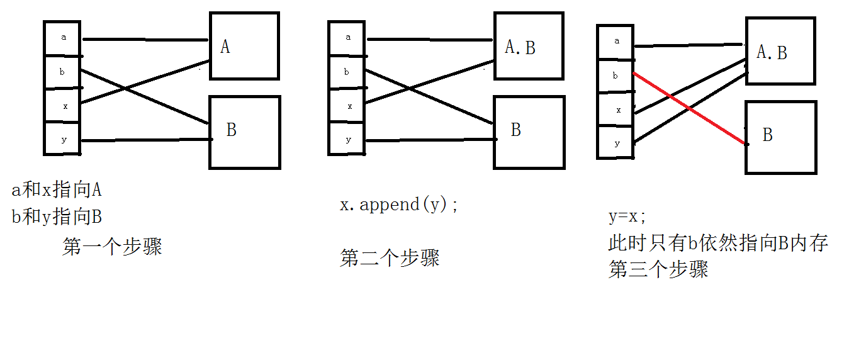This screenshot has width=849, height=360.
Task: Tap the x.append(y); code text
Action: point(399,205)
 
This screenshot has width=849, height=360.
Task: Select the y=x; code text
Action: point(627,217)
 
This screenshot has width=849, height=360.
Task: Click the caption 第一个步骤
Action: point(112,246)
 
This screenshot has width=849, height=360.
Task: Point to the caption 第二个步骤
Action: point(390,258)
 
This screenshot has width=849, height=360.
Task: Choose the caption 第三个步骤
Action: point(658,269)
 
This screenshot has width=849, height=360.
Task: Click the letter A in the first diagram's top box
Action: point(225,47)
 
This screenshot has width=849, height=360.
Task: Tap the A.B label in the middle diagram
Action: point(520,47)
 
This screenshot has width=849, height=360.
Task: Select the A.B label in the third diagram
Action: point(772,53)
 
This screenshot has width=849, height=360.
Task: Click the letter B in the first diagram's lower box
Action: point(232,130)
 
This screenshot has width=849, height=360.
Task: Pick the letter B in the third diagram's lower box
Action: point(767,135)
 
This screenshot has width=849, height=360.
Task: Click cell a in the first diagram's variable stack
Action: point(63,37)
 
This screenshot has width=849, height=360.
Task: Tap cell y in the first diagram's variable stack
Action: point(63,139)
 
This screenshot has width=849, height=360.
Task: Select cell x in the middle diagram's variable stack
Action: point(347,106)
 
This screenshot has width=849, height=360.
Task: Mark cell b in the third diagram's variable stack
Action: point(616,76)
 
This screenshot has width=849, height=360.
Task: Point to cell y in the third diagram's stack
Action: point(617,143)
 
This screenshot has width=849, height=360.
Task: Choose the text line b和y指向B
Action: point(57,218)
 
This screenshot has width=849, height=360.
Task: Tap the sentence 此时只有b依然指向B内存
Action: point(717,244)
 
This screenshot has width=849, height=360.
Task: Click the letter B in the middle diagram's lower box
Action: point(516,130)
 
